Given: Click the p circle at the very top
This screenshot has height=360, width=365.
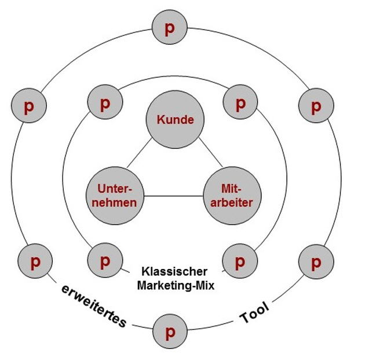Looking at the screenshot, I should pyautogui.click(x=169, y=28).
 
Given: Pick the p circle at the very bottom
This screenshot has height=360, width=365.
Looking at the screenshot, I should pyautogui.click(x=170, y=332).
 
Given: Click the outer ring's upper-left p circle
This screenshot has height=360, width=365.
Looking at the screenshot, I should pyautogui.click(x=28, y=106).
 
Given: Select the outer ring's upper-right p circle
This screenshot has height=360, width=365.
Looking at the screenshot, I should pyautogui.click(x=316, y=106).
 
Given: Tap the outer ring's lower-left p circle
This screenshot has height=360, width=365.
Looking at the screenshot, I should pyautogui.click(x=35, y=262).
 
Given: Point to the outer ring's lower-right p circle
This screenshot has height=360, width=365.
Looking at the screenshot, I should pyautogui.click(x=315, y=262).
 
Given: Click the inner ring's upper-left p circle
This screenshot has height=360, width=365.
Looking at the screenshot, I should pyautogui.click(x=105, y=104).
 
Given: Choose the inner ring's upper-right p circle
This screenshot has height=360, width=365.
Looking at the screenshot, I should pyautogui.click(x=240, y=104).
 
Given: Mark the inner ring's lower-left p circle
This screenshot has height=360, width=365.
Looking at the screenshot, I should pyautogui.click(x=105, y=260).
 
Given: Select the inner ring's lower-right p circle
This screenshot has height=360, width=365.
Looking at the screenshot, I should pyautogui.click(x=240, y=260).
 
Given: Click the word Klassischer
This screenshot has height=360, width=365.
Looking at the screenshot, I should pyautogui.click(x=174, y=272).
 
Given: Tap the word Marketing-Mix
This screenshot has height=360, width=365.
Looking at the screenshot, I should pyautogui.click(x=176, y=285).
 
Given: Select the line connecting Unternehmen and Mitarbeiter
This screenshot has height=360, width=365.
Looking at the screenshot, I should pyautogui.click(x=174, y=197).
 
